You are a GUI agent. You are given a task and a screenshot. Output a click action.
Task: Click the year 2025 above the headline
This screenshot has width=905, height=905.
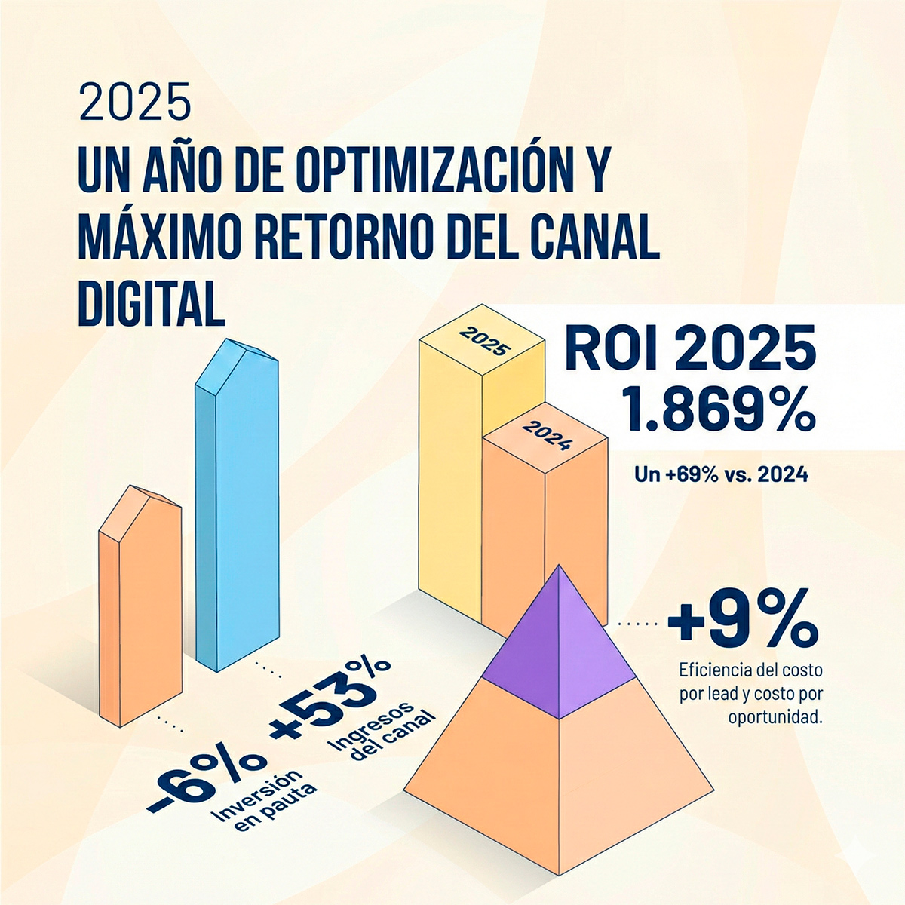tap(135, 103)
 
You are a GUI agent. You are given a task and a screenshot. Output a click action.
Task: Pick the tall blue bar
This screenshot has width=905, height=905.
tap(237, 513)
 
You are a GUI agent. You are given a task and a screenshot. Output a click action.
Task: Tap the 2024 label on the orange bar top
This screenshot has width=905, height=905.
tap(545, 436)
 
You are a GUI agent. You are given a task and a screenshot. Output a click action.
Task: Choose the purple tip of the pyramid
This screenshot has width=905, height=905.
tap(559, 641)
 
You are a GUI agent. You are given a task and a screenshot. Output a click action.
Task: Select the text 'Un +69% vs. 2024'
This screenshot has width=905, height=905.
tap(721, 475)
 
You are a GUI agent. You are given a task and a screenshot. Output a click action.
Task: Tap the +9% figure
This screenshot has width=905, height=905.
tap(743, 623)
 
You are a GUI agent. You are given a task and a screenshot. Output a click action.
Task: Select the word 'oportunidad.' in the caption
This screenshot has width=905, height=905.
tap(775, 716)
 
